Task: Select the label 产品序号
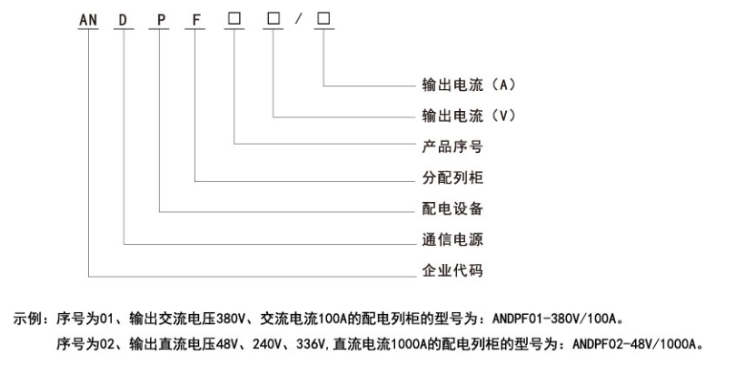coord(452,146)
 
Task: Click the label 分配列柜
coord(452,177)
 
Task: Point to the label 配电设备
coord(452,208)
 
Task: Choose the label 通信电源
coord(452,239)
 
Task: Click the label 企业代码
coord(452,270)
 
